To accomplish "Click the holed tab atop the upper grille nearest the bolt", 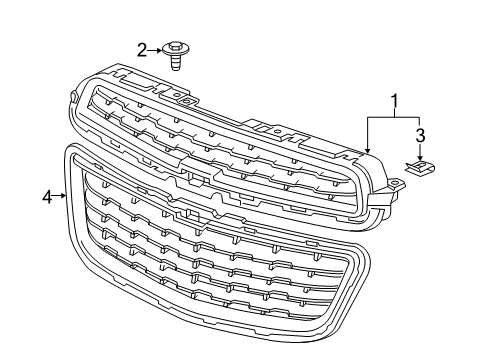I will [x=186, y=102].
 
